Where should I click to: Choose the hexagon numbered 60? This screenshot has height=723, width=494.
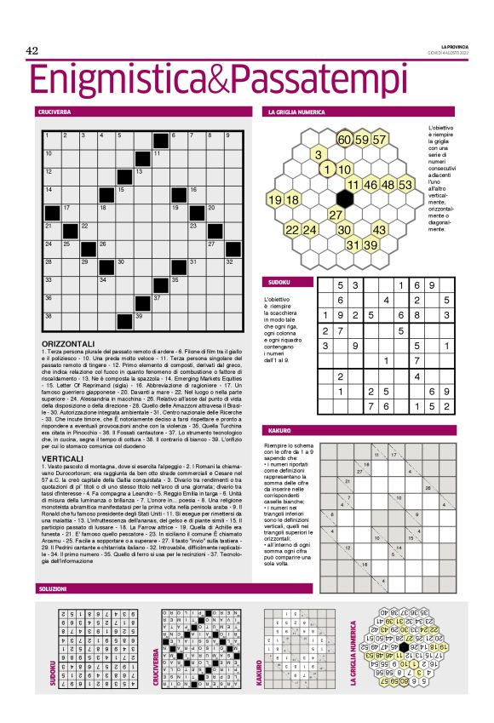pyautogui.click(x=343, y=140)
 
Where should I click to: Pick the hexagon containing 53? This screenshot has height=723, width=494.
pyautogui.click(x=405, y=185)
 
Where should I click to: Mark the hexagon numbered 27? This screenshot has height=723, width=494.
pyautogui.click(x=336, y=215)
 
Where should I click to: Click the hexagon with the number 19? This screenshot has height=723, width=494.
pyautogui.click(x=275, y=200)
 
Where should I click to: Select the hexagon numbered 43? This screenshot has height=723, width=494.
pyautogui.click(x=380, y=230)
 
